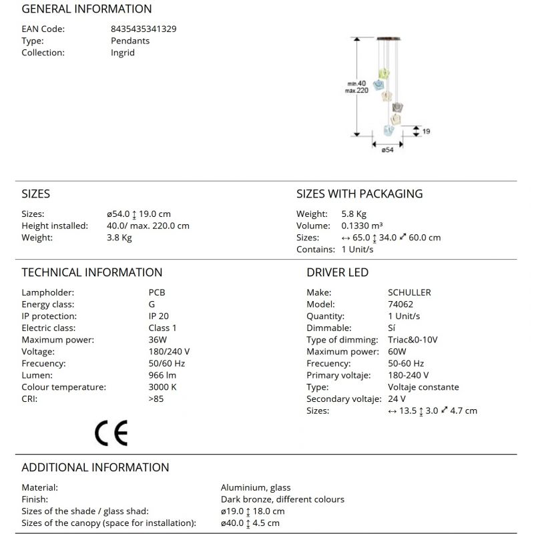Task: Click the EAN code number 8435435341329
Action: (x=144, y=29)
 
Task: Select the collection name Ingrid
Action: (x=123, y=53)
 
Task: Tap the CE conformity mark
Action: (x=111, y=434)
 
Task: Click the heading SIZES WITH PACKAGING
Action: (x=359, y=194)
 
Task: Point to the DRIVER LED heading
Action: (x=337, y=272)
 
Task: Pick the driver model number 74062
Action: (x=400, y=304)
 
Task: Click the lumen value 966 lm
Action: (x=163, y=376)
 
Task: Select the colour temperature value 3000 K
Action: (x=162, y=387)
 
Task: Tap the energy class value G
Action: (x=152, y=304)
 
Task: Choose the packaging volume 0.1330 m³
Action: (x=362, y=226)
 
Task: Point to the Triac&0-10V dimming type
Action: (x=413, y=340)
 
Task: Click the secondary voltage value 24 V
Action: (x=396, y=399)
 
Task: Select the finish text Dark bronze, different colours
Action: (x=282, y=499)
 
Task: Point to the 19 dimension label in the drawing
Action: (x=426, y=131)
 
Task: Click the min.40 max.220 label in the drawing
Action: (x=356, y=86)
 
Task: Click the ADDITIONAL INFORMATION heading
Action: (x=95, y=468)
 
